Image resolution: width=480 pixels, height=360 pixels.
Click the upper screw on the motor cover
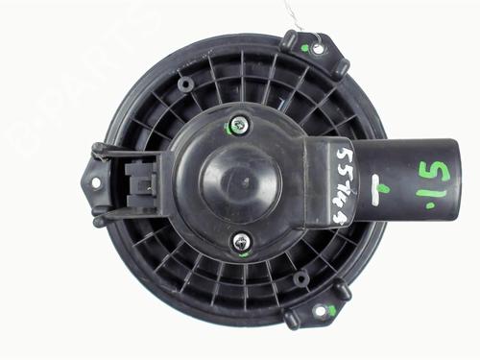(x=237, y=124)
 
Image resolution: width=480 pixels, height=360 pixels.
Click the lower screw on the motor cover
(x=242, y=241)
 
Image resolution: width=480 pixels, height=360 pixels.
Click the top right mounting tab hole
(x=318, y=48)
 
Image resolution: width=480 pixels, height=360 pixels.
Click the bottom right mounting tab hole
(x=320, y=311)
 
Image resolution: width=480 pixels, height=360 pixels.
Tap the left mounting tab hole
(x=95, y=182)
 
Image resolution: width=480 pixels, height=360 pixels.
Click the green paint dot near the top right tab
(x=305, y=48)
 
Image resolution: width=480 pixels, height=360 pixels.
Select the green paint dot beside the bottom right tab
(x=331, y=309)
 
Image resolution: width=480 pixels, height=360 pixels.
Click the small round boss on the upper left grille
(x=184, y=84)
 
